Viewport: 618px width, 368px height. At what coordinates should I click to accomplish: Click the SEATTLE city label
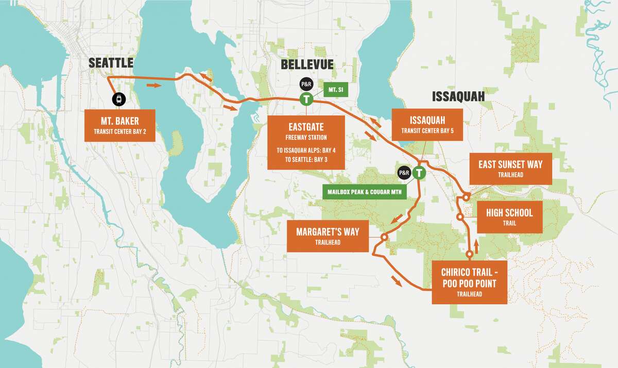(x=111, y=63)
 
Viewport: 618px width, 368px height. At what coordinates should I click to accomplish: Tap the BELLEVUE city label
(x=307, y=65)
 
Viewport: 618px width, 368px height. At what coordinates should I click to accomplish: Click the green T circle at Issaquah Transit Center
(x=420, y=174)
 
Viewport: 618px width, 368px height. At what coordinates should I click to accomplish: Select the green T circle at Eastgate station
(x=306, y=99)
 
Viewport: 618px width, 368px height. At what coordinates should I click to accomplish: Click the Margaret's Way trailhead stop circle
(x=384, y=237)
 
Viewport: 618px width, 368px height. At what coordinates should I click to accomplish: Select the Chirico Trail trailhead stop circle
(x=469, y=255)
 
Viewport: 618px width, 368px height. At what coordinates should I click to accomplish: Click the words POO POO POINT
(x=469, y=283)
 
